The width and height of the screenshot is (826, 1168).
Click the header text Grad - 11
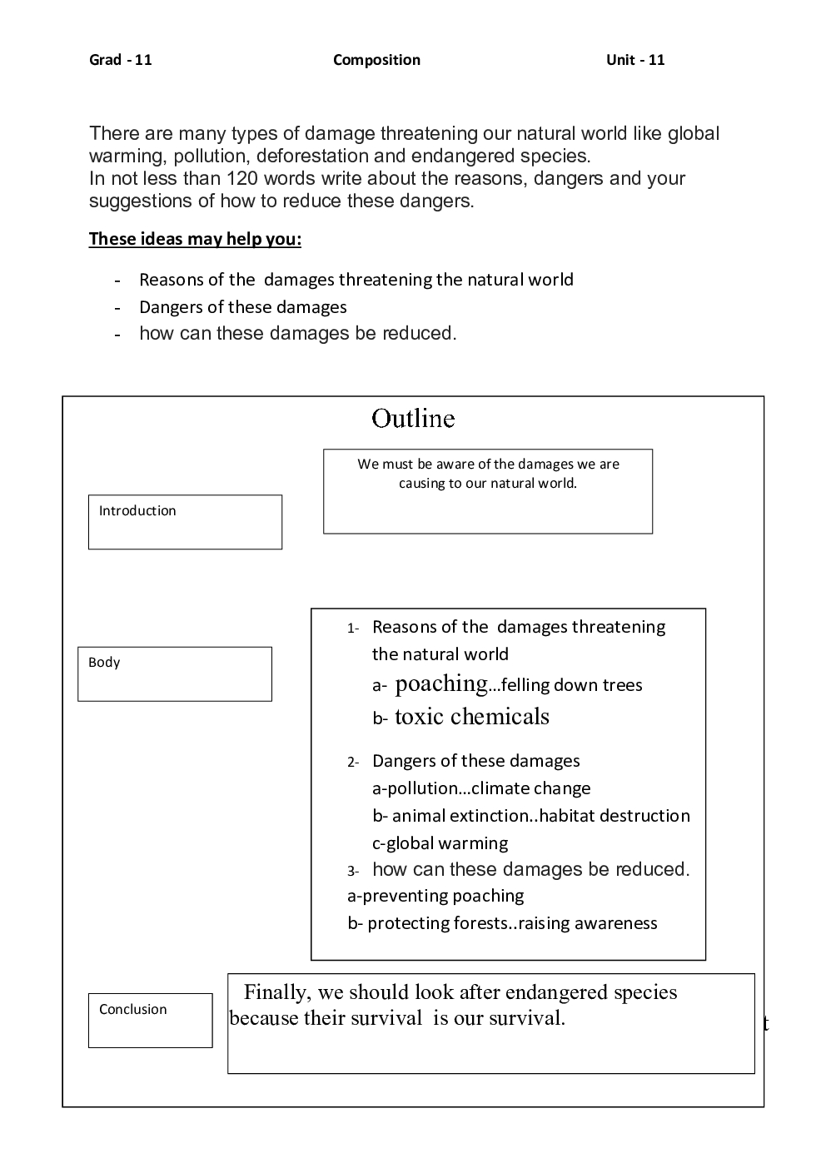click(121, 60)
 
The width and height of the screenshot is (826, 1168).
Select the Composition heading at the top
click(376, 60)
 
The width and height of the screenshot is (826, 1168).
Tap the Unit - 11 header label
click(635, 60)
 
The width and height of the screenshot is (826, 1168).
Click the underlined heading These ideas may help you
click(195, 239)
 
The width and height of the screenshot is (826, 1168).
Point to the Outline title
click(413, 418)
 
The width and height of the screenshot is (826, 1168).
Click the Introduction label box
click(185, 522)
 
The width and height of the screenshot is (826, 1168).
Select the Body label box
click(175, 673)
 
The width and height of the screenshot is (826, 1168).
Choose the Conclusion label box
click(150, 1020)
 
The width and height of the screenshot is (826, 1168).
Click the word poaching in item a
click(440, 683)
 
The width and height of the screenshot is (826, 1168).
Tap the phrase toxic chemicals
click(472, 717)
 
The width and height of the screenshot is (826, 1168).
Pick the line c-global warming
click(440, 842)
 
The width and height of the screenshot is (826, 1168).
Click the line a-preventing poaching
click(435, 896)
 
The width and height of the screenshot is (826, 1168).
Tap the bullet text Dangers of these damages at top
click(242, 307)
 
